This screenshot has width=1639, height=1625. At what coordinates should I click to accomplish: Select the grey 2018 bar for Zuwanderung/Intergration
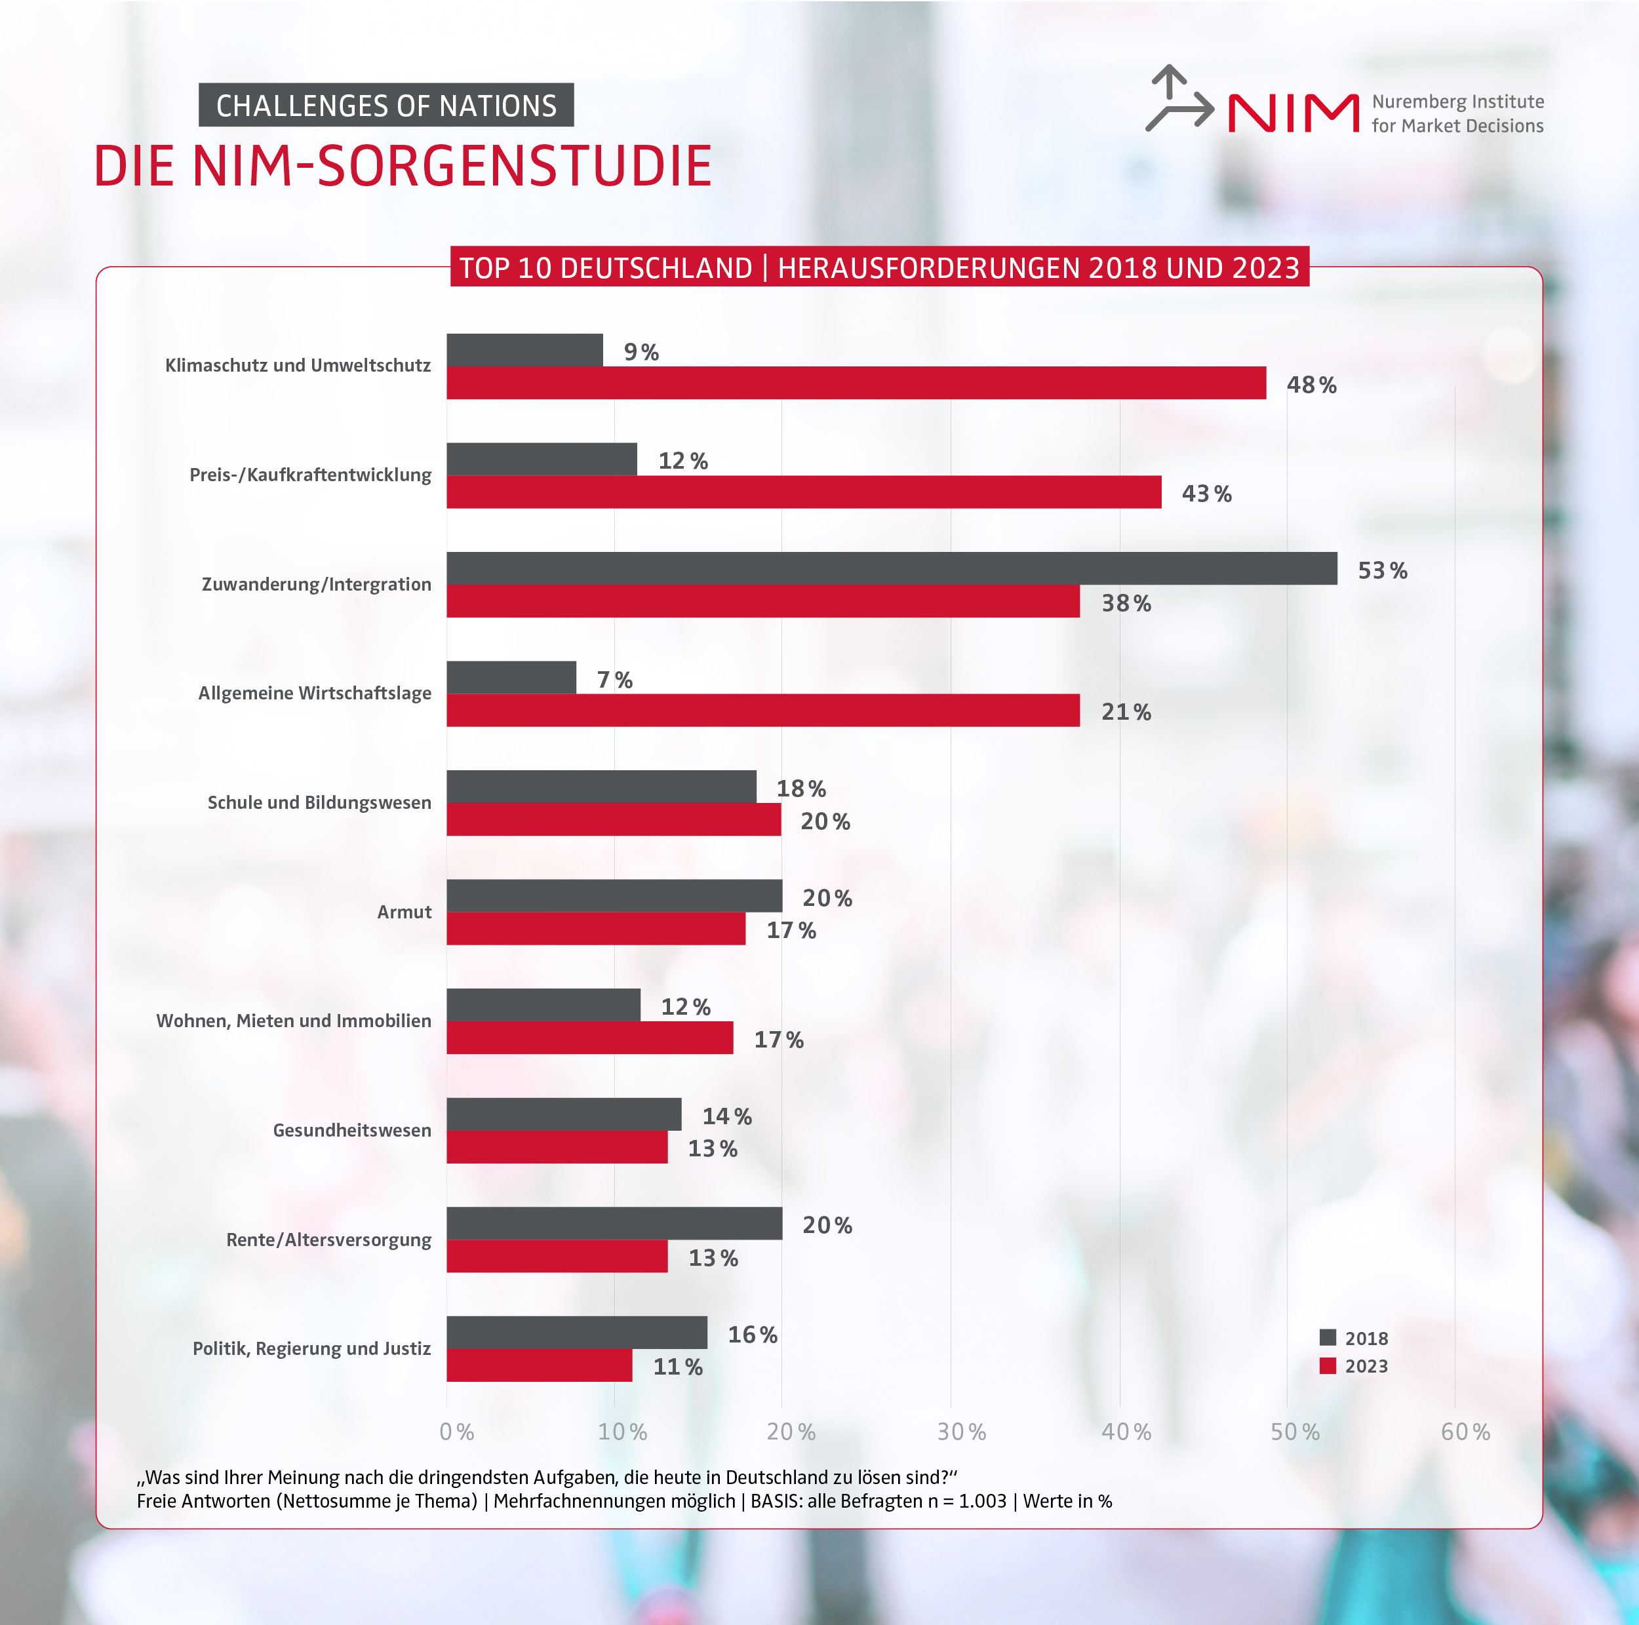891,568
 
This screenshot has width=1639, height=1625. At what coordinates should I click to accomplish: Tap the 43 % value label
1206,494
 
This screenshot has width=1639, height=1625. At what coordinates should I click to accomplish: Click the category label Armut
404,912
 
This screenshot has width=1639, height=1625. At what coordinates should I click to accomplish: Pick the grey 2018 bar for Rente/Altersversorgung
614,1223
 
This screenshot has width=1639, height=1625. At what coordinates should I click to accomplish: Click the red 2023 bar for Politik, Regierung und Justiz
540,1365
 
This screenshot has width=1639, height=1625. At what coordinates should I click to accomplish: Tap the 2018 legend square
1328,1337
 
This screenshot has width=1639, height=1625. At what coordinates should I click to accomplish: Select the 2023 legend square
1328,1365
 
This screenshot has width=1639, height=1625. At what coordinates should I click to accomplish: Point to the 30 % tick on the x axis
961,1432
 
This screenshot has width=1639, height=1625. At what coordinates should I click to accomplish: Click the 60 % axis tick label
1465,1432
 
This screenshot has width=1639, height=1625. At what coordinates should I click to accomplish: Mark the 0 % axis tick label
456,1432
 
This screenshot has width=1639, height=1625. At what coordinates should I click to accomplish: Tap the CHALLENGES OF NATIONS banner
386,105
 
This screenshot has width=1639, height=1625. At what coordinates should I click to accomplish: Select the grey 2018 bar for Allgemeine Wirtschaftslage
511,676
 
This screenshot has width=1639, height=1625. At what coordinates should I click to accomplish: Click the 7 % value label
614,679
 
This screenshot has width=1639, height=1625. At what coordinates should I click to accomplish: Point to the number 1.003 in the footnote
981,1500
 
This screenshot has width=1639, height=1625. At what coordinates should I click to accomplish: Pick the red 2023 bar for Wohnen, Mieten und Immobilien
589,1037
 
